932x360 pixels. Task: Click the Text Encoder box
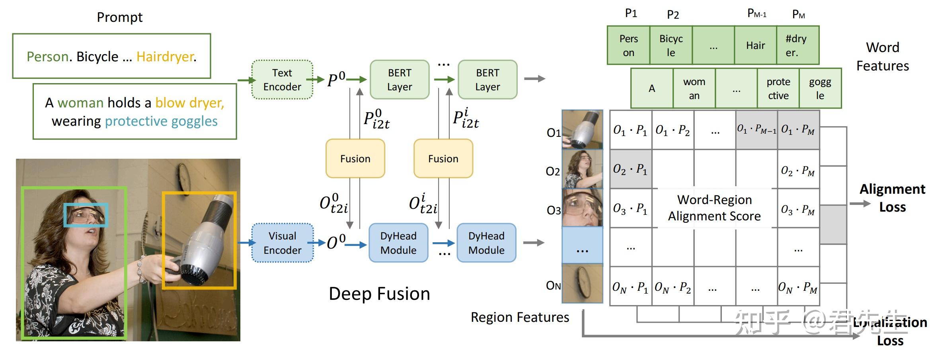click(x=282, y=80)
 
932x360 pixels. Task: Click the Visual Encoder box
click(x=282, y=243)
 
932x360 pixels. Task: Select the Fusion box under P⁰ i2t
click(x=355, y=158)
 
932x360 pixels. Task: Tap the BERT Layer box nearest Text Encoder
click(x=400, y=80)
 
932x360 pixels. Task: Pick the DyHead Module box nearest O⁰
click(x=398, y=243)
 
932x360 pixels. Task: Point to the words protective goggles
click(x=161, y=121)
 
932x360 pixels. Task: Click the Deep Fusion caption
click(x=379, y=294)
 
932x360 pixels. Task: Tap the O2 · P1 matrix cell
click(x=630, y=169)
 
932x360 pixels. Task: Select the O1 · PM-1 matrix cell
click(x=756, y=129)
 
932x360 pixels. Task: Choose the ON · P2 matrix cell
click(x=673, y=287)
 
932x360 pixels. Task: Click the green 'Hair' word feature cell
click(x=755, y=45)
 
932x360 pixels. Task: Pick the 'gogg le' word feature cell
click(x=820, y=88)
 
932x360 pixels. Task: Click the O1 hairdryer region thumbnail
click(x=582, y=129)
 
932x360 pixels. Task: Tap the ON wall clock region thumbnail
click(x=582, y=284)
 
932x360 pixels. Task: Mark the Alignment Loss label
click(x=892, y=198)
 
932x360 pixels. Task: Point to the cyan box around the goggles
click(x=86, y=215)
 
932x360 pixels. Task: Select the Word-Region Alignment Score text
click(x=714, y=208)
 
